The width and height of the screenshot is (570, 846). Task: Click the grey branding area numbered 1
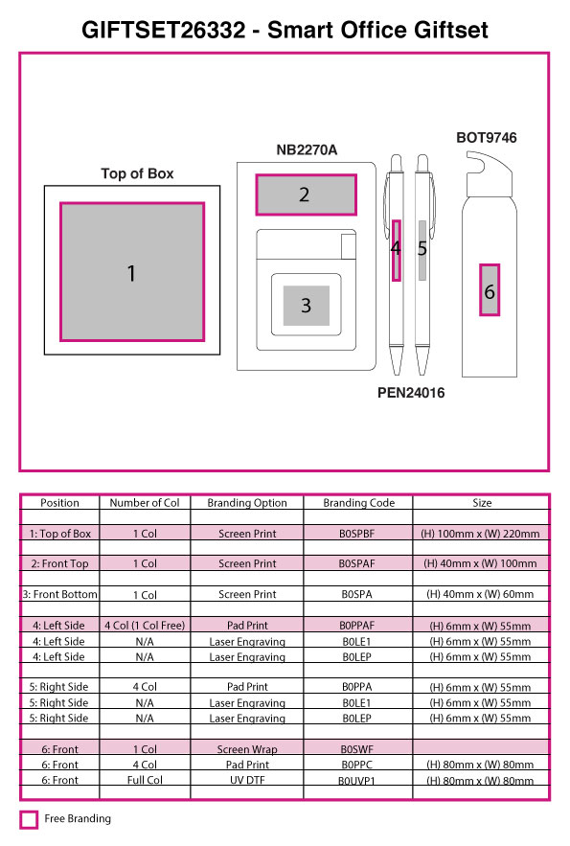[x=132, y=272]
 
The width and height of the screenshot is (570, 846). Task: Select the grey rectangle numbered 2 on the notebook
[x=306, y=194]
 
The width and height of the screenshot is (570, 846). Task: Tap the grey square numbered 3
[x=307, y=306]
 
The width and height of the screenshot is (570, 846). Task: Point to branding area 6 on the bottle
[x=490, y=289]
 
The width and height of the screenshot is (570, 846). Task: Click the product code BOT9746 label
[x=487, y=138]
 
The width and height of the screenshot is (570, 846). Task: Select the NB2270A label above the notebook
[x=307, y=150]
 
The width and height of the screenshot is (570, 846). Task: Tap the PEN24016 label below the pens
[x=411, y=393]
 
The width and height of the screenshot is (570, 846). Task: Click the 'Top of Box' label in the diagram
[x=137, y=173]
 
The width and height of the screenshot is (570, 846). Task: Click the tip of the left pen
[x=397, y=374]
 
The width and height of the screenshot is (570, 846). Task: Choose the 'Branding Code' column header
[x=358, y=503]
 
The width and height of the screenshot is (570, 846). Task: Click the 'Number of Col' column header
[x=145, y=503]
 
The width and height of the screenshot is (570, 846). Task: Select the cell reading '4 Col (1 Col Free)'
[x=145, y=626]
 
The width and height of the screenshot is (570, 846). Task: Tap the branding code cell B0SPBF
[x=356, y=534]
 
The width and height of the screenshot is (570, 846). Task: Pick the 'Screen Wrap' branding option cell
[x=247, y=749]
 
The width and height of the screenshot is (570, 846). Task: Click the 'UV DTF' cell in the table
[x=247, y=780]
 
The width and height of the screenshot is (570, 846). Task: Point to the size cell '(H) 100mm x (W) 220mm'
[x=480, y=534]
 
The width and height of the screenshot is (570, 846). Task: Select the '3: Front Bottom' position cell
[x=59, y=595]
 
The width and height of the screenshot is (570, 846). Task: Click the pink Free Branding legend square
[x=29, y=819]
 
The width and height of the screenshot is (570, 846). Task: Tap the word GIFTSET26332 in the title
[x=164, y=30]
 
